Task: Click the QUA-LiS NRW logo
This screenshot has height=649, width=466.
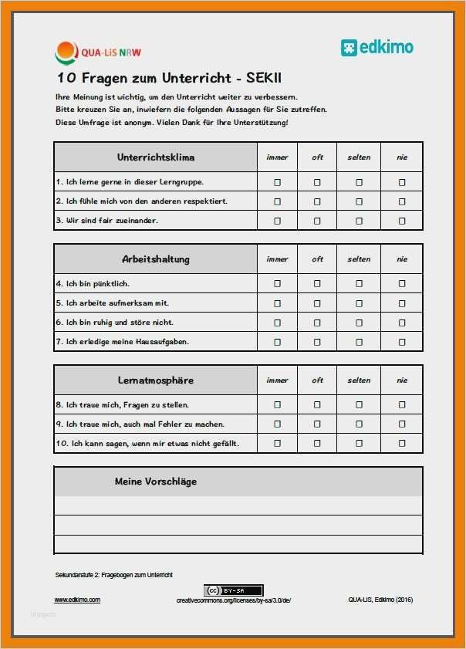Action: point(98,52)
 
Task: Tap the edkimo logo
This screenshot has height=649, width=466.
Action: point(377,47)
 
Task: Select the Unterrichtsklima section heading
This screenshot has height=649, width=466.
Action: point(155,157)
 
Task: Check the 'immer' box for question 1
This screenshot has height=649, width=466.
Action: point(278,182)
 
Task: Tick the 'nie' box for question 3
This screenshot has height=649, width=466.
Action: point(402,221)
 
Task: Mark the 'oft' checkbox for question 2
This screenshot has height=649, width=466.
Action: point(317,201)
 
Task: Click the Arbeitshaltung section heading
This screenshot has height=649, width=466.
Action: point(155,259)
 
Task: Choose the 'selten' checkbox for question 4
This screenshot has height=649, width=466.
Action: point(359,283)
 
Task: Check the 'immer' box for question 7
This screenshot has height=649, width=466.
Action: point(278,341)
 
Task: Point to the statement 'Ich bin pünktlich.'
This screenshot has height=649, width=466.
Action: point(93,284)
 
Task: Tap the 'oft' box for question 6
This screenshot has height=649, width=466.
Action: point(317,322)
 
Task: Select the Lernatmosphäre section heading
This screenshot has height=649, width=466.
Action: point(155,380)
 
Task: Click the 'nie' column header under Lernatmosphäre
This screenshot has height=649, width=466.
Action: point(402,380)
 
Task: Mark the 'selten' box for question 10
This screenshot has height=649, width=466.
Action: point(359,443)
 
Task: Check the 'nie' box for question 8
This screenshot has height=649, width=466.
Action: point(402,404)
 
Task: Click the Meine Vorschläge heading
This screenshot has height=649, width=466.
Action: point(155,482)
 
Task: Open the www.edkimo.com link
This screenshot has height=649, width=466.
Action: point(77,600)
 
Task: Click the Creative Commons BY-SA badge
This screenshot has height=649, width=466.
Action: point(233,590)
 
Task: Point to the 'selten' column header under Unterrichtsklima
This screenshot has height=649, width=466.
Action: point(359,157)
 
